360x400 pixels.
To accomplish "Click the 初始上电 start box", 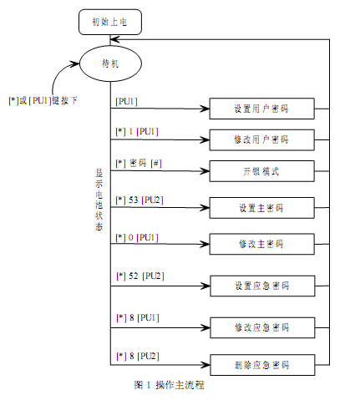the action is point(110,22).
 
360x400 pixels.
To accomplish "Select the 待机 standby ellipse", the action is point(110,63).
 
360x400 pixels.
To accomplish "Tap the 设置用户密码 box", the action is point(262,109).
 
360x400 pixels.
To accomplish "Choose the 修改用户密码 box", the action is point(262,139).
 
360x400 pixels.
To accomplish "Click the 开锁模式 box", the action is point(262,171).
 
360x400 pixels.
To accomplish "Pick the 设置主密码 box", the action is point(262,208).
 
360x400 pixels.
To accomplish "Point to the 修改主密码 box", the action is point(262,244).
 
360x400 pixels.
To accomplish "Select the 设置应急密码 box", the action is point(262,286).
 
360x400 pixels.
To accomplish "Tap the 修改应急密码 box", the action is point(262,327).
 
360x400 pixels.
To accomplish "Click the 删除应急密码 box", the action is point(262,365).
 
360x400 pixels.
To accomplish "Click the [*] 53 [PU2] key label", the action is point(139,200).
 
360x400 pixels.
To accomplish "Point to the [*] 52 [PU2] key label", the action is point(140,276).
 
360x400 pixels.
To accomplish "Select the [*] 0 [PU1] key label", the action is point(137,238).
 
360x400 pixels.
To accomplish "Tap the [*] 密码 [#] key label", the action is point(139,163).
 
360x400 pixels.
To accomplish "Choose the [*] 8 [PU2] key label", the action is point(138,357).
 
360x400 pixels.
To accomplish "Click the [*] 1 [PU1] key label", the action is point(137,131).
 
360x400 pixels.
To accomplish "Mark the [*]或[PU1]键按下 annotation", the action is point(43,100).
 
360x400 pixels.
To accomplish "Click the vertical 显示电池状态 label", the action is point(99,200).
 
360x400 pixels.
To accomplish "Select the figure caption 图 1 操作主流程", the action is point(169,385).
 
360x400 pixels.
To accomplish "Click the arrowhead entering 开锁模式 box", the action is point(205,171).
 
